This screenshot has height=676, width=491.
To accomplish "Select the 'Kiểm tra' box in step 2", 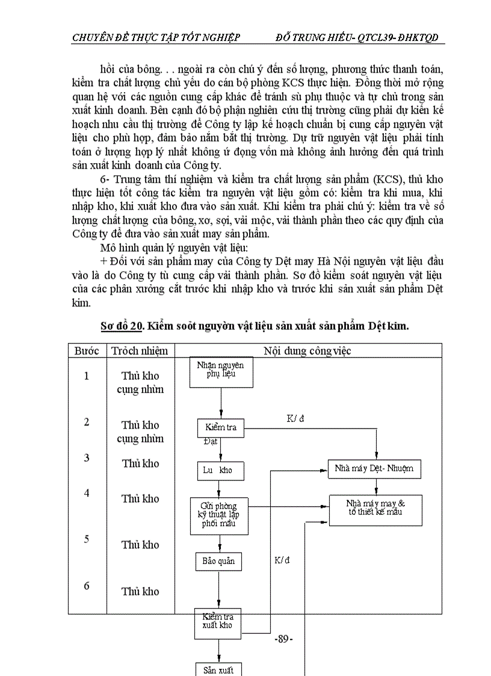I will (221, 427).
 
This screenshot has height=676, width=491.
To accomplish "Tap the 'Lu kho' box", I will (220, 471).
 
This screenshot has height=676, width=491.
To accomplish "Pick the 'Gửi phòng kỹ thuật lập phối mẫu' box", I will (219, 516).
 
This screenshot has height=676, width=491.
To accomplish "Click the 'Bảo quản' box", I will (218, 562).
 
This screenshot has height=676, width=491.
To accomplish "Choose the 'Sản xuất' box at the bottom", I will (218, 669).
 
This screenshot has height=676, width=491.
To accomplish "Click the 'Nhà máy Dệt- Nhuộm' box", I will (374, 468).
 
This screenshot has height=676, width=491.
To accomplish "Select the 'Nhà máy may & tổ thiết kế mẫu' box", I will (375, 509).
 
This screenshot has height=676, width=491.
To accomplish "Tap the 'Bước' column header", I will (87, 351).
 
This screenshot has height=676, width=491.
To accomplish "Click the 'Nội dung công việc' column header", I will (307, 351).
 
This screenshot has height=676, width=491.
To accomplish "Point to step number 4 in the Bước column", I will (87, 493).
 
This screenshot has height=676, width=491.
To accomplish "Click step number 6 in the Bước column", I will (87, 585).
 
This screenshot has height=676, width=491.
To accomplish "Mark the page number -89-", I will (283, 639).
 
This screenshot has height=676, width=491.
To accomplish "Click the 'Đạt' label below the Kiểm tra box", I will (211, 442).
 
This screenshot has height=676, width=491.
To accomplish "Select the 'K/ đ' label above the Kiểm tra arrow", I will (295, 418).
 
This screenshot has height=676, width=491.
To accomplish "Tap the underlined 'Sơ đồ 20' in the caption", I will (121, 326).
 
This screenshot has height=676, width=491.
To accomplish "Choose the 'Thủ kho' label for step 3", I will (140, 464).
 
